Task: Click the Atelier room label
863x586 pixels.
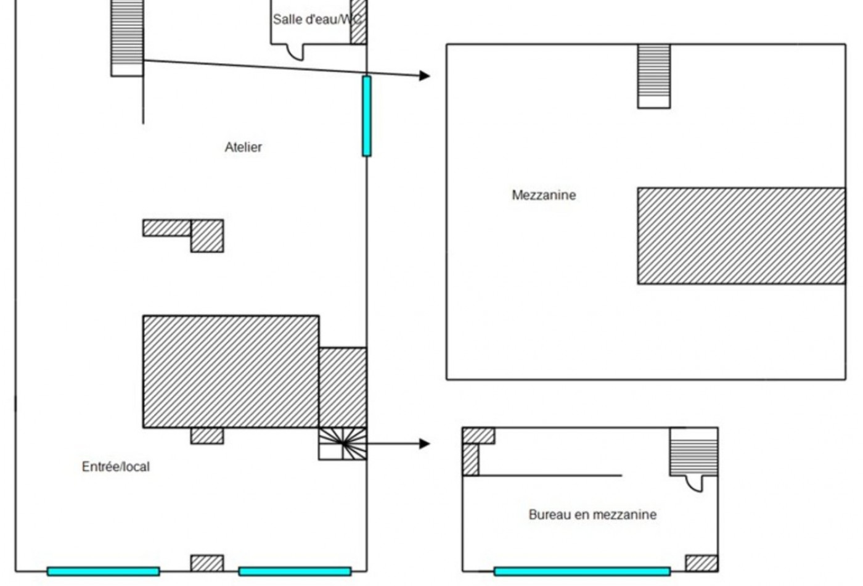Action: (x=243, y=147)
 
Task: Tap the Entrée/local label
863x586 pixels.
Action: (x=116, y=467)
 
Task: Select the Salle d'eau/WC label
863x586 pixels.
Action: (x=317, y=19)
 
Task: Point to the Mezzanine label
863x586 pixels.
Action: (x=544, y=195)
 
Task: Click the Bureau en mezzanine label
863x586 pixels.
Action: (x=592, y=514)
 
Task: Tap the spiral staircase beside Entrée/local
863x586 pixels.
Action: (x=343, y=444)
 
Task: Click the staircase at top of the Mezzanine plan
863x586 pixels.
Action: (x=654, y=76)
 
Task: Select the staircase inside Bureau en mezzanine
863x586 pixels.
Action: (x=694, y=452)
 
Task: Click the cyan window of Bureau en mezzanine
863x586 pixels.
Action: (x=582, y=571)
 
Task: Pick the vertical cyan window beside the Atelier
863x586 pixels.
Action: (x=367, y=116)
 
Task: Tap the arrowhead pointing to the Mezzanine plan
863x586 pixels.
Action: (x=425, y=75)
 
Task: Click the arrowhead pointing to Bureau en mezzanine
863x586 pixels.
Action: (x=425, y=444)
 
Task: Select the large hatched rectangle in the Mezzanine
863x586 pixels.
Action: (x=742, y=236)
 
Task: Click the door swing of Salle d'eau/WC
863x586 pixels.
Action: (x=296, y=52)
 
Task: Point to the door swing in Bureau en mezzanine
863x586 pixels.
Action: (x=695, y=484)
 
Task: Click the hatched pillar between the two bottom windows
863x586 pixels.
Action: (x=207, y=563)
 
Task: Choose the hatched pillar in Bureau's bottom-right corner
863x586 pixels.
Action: (x=701, y=563)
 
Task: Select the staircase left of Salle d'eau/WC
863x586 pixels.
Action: (x=127, y=38)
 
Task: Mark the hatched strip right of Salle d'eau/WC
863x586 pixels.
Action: (x=358, y=22)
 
